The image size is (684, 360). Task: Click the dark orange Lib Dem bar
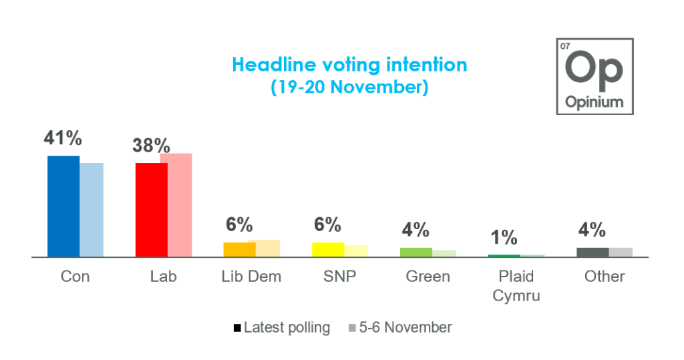(x=239, y=249)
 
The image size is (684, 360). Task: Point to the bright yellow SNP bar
(x=328, y=249)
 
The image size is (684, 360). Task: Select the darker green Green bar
(x=416, y=252)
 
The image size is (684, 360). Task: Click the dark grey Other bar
(x=592, y=252)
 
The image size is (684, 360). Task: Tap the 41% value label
(x=63, y=138)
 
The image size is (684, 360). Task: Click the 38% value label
(x=151, y=146)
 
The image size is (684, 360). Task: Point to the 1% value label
(x=504, y=237)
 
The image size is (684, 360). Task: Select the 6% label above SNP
(x=328, y=224)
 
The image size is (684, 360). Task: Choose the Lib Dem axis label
(x=251, y=277)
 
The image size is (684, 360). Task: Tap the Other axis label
(x=605, y=277)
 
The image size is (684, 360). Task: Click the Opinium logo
(x=594, y=76)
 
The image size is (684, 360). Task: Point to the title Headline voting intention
(x=349, y=65)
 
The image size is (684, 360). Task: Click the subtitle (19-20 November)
(x=349, y=87)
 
